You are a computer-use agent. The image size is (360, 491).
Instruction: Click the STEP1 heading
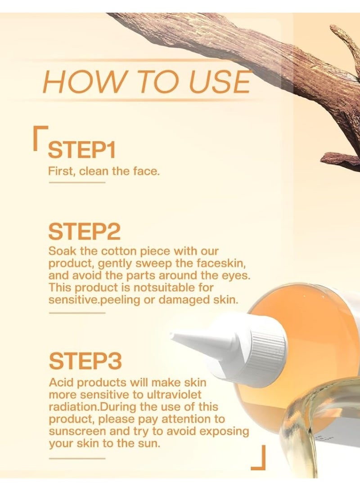[81, 149]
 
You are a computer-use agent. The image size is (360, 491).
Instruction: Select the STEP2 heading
[84, 232]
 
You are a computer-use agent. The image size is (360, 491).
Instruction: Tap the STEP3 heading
[85, 361]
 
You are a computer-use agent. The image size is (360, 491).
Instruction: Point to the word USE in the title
[220, 82]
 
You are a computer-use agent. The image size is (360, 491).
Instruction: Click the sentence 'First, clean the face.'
[103, 171]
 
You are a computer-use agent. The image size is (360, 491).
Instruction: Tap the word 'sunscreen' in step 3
[75, 431]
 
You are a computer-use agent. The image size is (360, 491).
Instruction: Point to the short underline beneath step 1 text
[76, 183]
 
